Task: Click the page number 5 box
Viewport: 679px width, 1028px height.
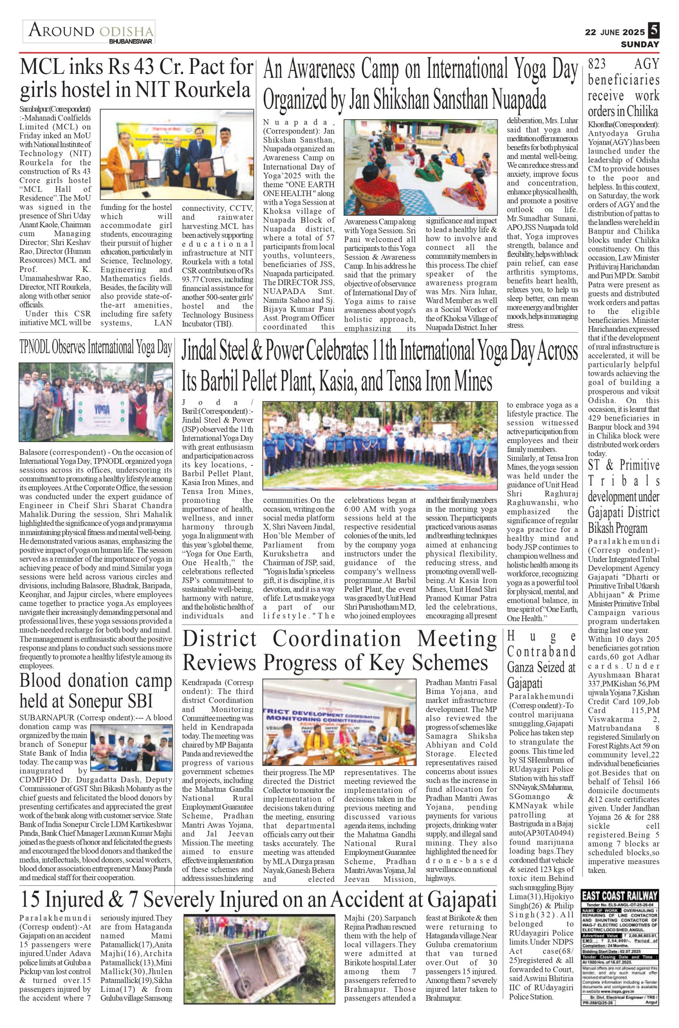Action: point(653,31)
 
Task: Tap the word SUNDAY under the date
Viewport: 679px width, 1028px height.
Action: point(640,44)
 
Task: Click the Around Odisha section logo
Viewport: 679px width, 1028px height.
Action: point(89,33)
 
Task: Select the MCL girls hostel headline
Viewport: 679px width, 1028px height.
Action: point(136,78)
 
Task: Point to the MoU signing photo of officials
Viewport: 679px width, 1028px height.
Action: point(177,154)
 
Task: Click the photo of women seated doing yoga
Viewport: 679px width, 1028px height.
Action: point(420,167)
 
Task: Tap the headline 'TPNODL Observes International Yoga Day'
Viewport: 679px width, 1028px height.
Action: point(96,347)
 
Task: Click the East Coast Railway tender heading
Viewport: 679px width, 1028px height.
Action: point(620,895)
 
